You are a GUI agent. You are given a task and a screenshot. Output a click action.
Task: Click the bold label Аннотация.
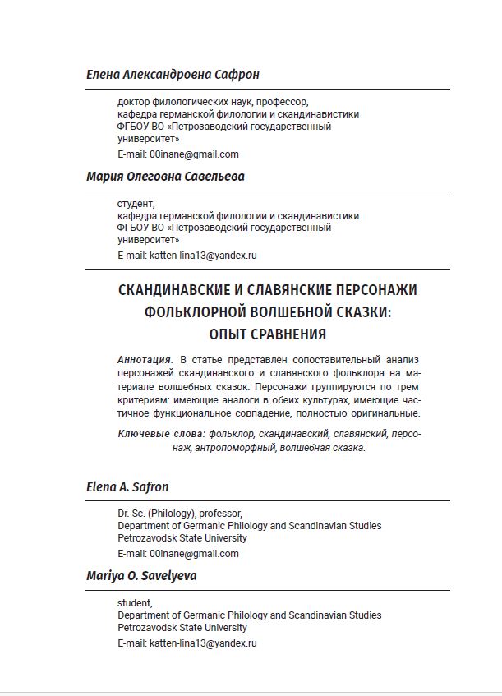pos(145,360)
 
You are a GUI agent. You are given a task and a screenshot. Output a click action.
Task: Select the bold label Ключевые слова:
pos(161,433)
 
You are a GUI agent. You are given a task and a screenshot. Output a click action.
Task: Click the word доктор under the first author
pos(134,102)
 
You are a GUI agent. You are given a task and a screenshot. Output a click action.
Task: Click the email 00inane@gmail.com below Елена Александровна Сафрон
pos(194,154)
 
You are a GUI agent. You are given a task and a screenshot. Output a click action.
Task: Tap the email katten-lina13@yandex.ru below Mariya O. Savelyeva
pos(203,644)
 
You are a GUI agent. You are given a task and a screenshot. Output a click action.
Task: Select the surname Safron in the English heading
pos(148,487)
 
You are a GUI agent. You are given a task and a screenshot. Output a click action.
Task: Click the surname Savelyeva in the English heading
pos(168,577)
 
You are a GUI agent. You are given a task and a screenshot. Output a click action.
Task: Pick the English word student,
pos(135,603)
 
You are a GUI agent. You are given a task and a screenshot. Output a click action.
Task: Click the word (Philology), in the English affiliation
pos(178,514)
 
